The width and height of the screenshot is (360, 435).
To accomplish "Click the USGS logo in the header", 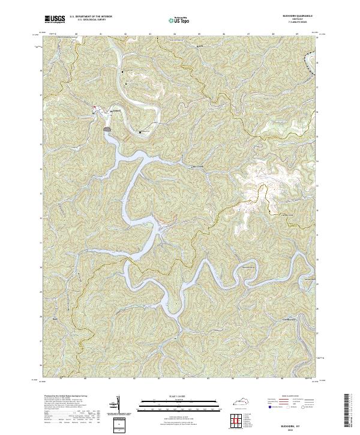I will (55, 20).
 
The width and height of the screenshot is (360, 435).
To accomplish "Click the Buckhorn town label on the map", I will (116, 110).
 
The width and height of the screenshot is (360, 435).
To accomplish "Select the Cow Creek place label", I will (197, 167).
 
